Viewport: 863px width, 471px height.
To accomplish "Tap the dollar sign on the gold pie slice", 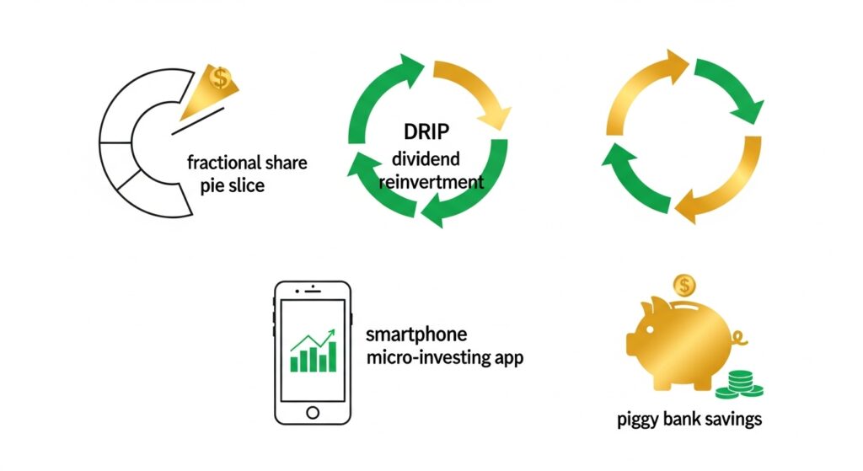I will (x=221, y=78).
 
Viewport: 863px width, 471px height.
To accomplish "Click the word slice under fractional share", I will (x=244, y=185).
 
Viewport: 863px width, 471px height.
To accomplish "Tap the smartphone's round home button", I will (x=313, y=412).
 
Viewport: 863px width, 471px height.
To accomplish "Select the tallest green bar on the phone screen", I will (x=332, y=355).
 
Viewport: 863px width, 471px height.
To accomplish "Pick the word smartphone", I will (x=415, y=334).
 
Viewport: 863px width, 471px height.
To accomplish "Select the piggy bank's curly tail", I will (x=740, y=340).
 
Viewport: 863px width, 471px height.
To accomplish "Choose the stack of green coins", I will (x=738, y=385).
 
